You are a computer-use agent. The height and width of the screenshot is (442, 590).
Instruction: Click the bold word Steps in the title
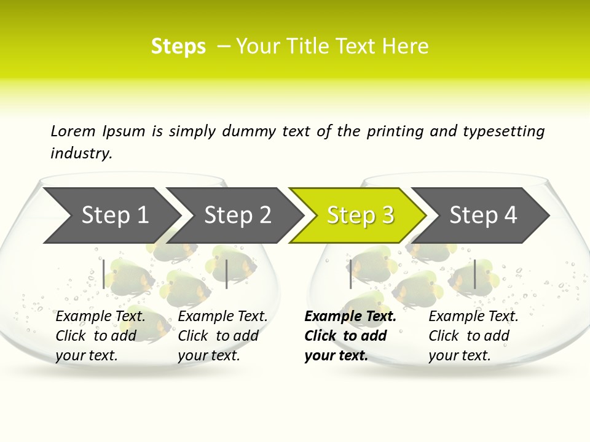coord(178,47)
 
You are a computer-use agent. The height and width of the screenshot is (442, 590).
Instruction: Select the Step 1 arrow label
coord(115,215)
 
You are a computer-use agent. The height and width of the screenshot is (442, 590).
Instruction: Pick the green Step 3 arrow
coord(360,215)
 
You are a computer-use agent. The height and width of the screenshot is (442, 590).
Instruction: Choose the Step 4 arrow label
coord(483,215)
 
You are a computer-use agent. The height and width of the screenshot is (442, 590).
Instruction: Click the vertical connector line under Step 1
coord(104,274)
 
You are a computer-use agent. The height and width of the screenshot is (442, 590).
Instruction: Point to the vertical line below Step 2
coord(227,274)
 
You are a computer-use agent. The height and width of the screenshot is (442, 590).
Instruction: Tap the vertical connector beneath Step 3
coord(350,274)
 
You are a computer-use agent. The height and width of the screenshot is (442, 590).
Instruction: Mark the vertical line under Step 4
coord(475,274)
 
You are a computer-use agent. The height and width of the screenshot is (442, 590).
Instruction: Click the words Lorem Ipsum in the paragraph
coord(98,131)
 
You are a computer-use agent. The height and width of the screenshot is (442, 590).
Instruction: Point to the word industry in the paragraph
coord(81,153)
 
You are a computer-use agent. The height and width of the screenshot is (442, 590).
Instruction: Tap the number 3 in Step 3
coord(387,215)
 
